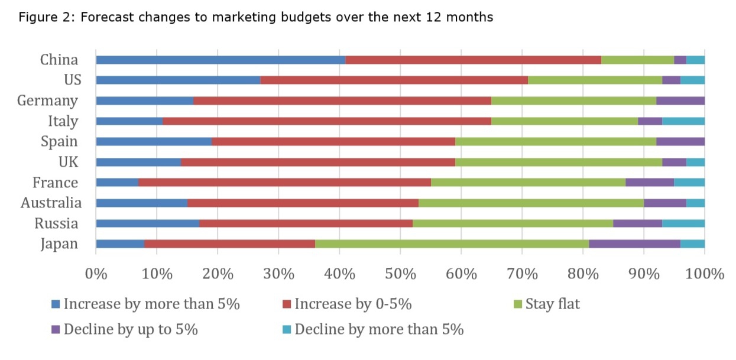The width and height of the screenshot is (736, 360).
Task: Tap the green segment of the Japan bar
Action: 452,244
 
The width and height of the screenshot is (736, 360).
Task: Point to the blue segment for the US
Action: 178,80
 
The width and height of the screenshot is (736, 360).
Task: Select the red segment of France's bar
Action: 284,182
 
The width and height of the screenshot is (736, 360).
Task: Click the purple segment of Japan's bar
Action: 634,244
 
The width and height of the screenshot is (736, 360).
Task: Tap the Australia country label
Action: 51,203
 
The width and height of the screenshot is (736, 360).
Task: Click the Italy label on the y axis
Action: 63,121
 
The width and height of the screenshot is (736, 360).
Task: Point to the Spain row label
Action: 59,141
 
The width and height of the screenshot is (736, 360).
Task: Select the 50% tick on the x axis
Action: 400,274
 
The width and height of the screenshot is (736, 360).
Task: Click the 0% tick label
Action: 96,274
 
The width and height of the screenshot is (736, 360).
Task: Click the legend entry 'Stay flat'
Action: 552,304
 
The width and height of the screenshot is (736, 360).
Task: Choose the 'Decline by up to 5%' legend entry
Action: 130,329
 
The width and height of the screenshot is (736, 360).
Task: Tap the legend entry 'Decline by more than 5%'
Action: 379,329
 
